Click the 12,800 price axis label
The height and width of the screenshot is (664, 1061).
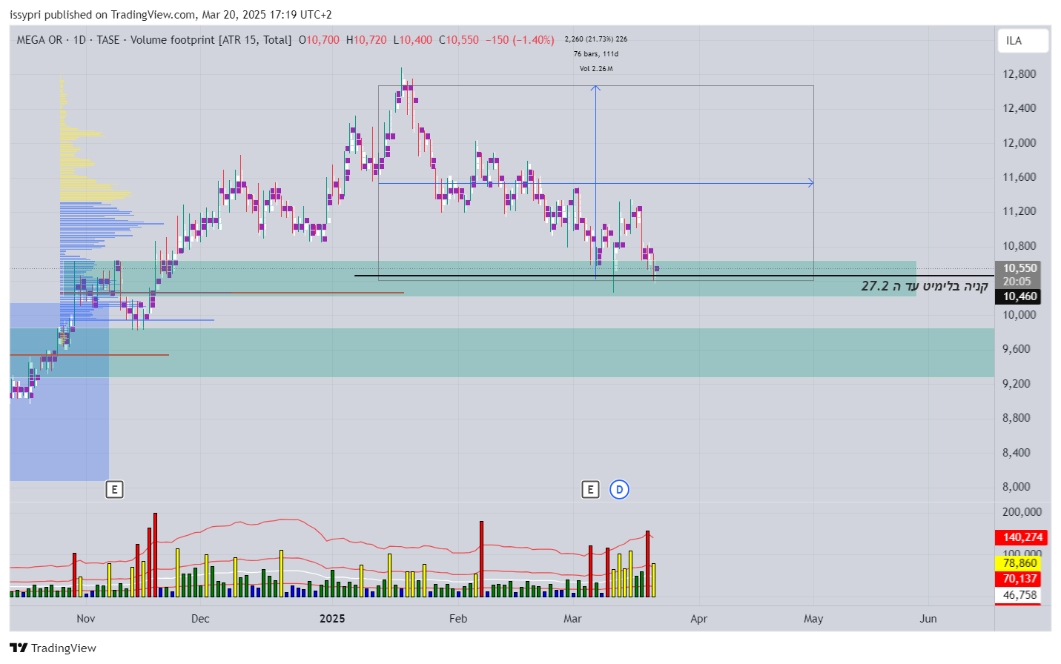(1019, 74)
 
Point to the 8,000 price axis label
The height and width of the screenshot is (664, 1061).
(1016, 487)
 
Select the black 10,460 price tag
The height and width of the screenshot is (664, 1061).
(1019, 296)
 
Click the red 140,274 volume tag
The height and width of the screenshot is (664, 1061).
(1022, 537)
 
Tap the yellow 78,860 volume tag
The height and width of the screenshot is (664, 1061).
(1019, 563)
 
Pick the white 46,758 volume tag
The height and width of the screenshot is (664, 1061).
(1019, 595)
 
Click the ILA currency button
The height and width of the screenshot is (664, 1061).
(1022, 41)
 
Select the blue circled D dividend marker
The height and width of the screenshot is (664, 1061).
(619, 489)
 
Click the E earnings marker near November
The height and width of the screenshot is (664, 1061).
(114, 489)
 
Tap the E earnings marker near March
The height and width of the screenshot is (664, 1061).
(590, 489)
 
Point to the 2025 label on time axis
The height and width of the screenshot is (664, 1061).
(332, 619)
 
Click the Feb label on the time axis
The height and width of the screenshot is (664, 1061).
(458, 619)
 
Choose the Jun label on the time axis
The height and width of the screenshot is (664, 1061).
(928, 619)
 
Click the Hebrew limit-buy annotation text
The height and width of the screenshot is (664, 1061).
(924, 286)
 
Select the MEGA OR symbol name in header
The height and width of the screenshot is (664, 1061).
(39, 40)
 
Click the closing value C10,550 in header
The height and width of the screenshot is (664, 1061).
(459, 40)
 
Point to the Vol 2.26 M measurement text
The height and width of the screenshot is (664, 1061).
(596, 69)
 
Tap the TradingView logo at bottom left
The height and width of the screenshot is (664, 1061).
(53, 648)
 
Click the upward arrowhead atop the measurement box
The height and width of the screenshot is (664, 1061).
(595, 88)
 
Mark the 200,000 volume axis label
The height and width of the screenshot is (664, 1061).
(1021, 512)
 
